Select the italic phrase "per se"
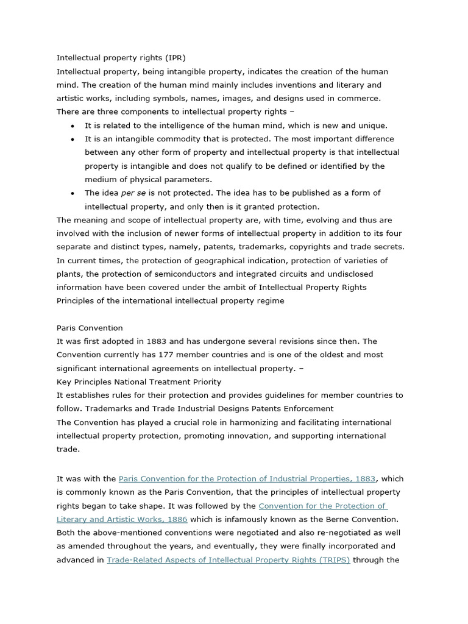(x=134, y=193)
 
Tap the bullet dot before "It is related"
(x=73, y=126)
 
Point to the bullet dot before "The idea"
(x=73, y=193)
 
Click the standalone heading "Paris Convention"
(x=90, y=328)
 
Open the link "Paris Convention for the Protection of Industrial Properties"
(x=247, y=479)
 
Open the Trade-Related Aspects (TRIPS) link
(x=228, y=559)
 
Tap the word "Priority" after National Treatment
(x=206, y=381)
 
